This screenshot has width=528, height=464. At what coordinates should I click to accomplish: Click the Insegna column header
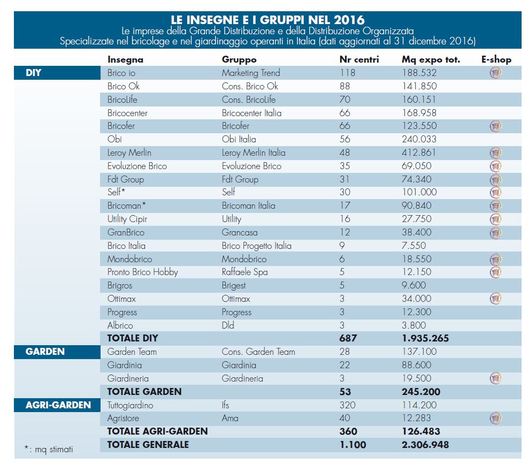(x=125, y=59)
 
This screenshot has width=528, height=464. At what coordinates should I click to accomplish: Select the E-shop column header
(x=495, y=59)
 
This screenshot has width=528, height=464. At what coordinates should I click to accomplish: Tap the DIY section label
(x=34, y=73)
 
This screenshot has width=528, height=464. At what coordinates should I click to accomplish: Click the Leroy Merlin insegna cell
(x=128, y=153)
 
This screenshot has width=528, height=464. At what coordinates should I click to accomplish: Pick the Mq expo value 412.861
(x=419, y=153)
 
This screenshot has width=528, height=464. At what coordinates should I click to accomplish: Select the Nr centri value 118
(x=347, y=73)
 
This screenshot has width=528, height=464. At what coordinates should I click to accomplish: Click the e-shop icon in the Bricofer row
(x=496, y=126)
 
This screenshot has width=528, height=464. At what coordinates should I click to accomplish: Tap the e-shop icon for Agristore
(x=496, y=418)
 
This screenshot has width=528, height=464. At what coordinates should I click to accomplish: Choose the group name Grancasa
(x=240, y=232)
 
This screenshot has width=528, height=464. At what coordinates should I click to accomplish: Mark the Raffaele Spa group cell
(x=245, y=272)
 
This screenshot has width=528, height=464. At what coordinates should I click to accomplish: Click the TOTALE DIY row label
(x=133, y=338)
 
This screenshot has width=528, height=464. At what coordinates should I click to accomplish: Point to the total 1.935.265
(x=425, y=338)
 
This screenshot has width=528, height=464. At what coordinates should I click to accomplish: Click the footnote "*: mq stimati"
(x=49, y=450)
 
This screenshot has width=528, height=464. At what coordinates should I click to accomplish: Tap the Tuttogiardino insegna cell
(x=130, y=405)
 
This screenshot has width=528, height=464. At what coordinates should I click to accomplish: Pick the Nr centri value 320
(x=347, y=405)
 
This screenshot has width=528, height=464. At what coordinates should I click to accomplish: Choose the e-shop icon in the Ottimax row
(x=496, y=299)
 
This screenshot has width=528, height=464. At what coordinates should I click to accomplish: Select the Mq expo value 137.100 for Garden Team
(x=419, y=352)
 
